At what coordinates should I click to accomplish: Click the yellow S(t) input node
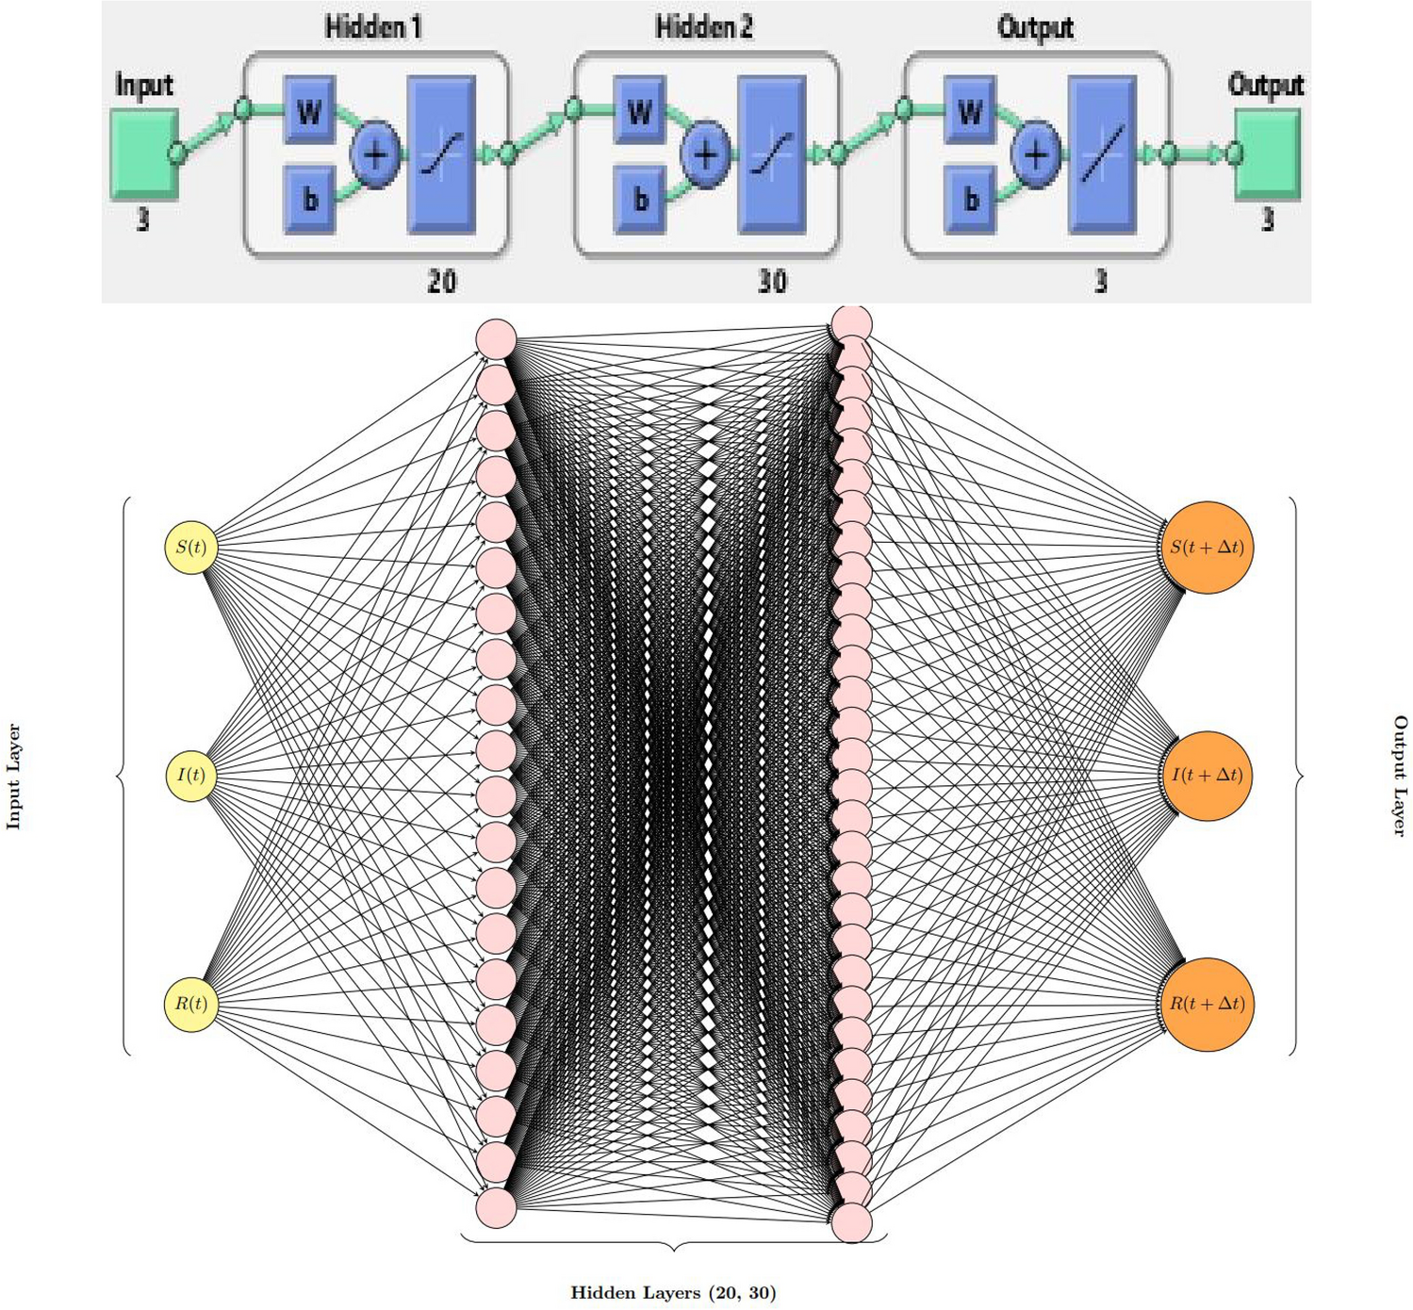tap(191, 548)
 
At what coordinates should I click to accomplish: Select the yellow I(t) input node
tap(191, 776)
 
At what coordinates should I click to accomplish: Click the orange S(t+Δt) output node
tap(1207, 548)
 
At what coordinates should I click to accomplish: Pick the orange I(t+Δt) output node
tap(1207, 776)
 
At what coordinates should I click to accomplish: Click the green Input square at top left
tap(144, 154)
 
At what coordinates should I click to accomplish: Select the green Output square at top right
tap(1269, 154)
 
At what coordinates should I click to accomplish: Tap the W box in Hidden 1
tap(309, 111)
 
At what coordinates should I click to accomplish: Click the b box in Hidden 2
tap(640, 199)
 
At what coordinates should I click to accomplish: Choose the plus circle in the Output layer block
tap(1036, 155)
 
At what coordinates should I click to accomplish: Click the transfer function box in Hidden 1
tap(441, 155)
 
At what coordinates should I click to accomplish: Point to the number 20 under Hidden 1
tap(441, 282)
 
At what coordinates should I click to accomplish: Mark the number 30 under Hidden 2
tap(772, 282)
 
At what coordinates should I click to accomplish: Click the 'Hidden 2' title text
tap(704, 27)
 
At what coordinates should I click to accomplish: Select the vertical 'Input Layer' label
tap(13, 777)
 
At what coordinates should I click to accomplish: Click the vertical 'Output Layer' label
tap(1400, 776)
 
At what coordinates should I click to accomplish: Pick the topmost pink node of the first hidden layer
tap(496, 339)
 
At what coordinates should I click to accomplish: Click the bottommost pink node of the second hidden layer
tap(852, 1223)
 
